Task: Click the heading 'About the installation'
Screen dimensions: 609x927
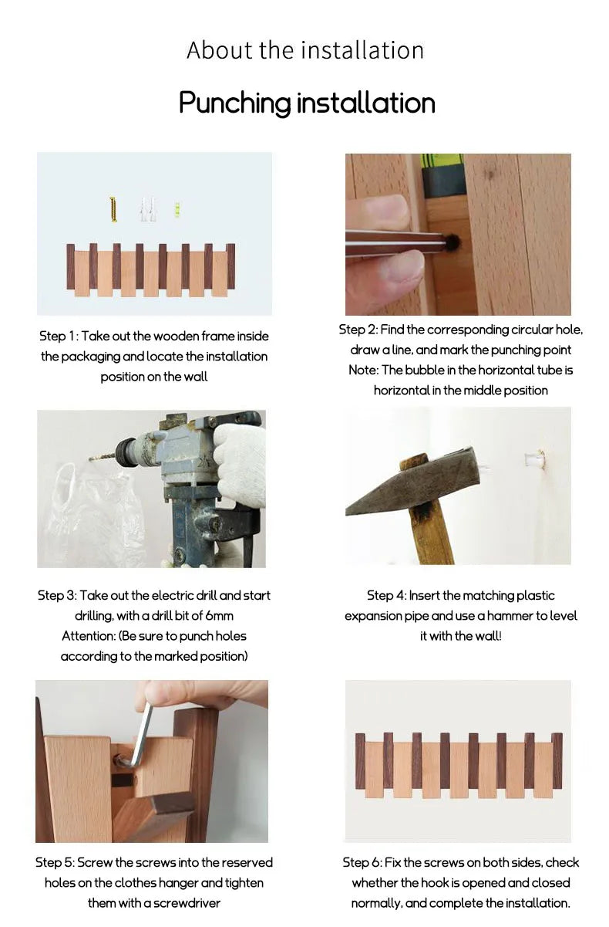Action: point(305,50)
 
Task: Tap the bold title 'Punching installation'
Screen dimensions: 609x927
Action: point(307,103)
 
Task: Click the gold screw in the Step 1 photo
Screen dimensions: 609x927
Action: point(113,210)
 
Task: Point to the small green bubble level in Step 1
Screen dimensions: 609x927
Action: point(178,210)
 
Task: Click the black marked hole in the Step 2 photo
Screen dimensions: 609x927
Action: point(453,242)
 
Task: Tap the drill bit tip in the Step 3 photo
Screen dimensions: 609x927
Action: point(90,459)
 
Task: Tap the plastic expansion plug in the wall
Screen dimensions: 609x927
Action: point(534,459)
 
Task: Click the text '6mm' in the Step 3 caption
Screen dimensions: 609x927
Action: point(219,616)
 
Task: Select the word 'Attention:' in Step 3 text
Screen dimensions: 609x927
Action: point(89,636)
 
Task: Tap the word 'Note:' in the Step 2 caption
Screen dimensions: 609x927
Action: point(363,370)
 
